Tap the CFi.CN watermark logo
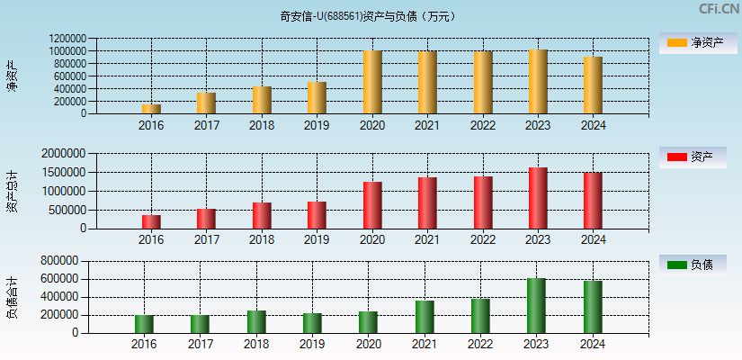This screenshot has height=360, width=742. tap(720, 9)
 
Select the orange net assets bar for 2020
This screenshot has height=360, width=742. tap(372, 82)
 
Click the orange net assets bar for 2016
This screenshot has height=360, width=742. tap(151, 109)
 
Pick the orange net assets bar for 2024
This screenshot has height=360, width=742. tap(593, 85)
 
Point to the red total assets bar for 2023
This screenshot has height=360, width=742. tap(538, 198)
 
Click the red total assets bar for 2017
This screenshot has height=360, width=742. tap(206, 219)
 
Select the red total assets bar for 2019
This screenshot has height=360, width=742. tap(317, 215)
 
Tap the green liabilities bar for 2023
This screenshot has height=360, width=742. tap(536, 306)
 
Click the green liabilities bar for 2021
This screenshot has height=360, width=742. tap(425, 317)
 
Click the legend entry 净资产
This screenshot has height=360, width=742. tap(698, 43)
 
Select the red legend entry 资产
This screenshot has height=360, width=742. tap(698, 157)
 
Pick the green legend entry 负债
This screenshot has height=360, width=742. tap(698, 265)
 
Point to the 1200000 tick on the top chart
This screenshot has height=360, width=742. tap(68, 40)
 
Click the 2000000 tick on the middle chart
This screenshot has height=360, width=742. tap(65, 154)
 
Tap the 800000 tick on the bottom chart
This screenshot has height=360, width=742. tap(58, 261)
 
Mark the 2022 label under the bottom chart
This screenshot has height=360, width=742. tap(481, 344)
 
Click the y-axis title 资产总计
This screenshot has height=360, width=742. tap(13, 191)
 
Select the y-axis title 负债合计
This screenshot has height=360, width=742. tap(13, 297)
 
